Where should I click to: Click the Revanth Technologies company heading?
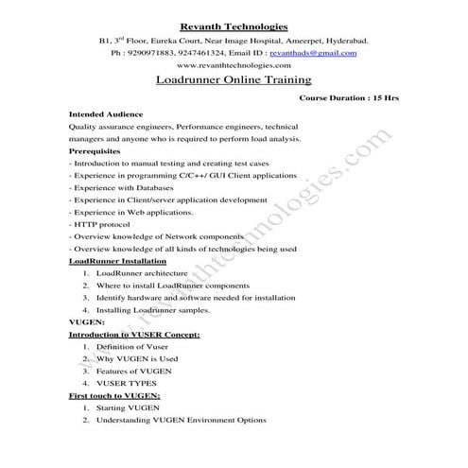pyautogui.click(x=234, y=26)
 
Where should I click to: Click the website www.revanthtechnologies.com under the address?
pyautogui.click(x=234, y=66)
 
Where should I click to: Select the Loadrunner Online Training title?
pyautogui.click(x=234, y=82)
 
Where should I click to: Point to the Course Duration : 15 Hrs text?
pyautogui.click(x=347, y=97)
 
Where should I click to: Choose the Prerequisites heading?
pyautogui.click(x=95, y=150)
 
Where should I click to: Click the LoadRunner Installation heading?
pyautogui.click(x=118, y=261)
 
